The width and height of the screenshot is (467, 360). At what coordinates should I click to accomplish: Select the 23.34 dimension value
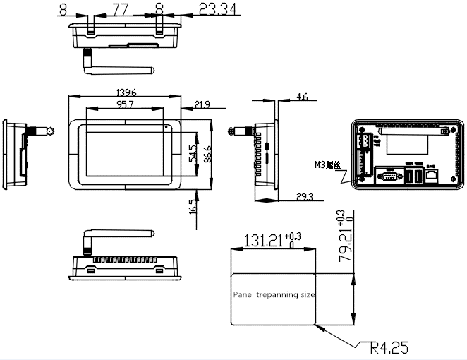pos(219,9)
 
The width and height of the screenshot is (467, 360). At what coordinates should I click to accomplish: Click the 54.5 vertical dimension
pos(192,154)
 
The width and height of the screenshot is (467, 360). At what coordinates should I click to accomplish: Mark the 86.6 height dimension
pos(207,154)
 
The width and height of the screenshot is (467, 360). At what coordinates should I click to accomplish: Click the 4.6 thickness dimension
pos(302,97)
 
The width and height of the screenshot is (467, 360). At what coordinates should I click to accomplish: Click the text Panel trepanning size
pos(274,294)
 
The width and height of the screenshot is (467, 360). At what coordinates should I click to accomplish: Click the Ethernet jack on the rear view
pos(432,174)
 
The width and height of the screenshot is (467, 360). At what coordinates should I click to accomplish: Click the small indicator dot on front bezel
pos(166,127)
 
